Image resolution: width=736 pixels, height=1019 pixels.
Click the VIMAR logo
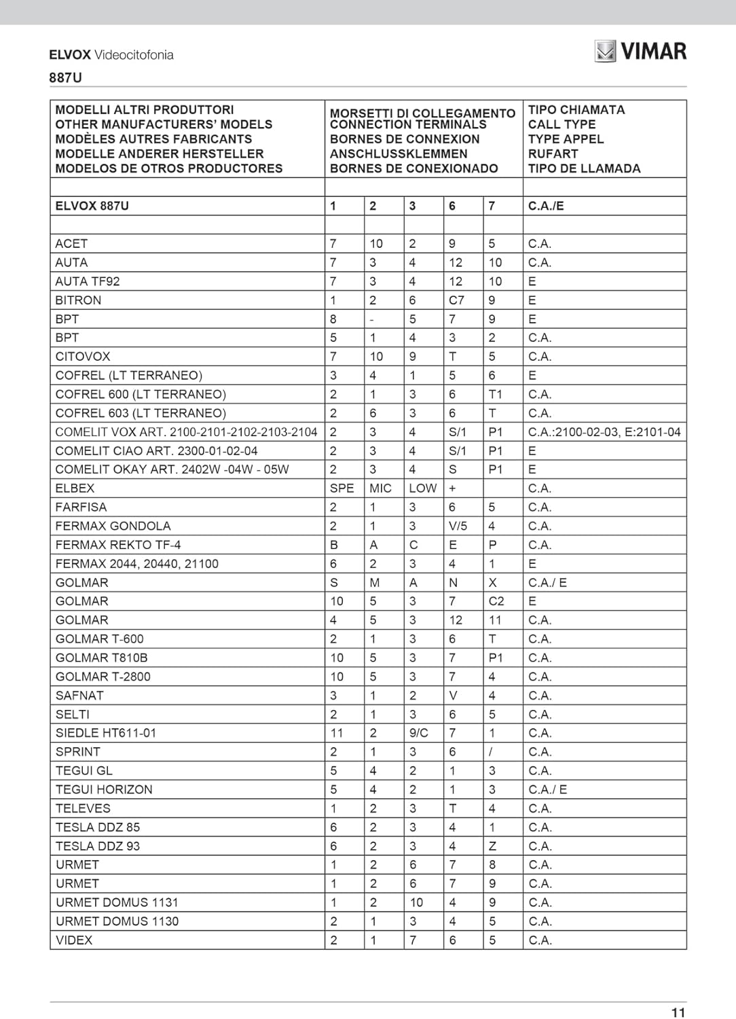point(640,51)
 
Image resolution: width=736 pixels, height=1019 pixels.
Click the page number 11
point(678,1012)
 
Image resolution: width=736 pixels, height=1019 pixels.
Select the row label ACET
point(71,243)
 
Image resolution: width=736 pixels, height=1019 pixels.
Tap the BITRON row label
point(78,300)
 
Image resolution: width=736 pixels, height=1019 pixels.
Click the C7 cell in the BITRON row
point(456,300)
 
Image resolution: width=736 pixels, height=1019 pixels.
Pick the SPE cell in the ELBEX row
point(342,488)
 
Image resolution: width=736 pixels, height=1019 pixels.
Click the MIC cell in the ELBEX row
point(380,488)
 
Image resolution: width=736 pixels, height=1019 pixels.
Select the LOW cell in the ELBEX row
point(422,488)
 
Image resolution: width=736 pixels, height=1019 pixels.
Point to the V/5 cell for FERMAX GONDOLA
point(458,526)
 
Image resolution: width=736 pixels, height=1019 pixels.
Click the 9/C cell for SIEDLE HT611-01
point(418,732)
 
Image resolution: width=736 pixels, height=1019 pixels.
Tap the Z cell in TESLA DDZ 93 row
point(492,846)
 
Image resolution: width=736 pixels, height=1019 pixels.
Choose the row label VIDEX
point(74,940)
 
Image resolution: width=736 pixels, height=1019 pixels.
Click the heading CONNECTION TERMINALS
point(408,124)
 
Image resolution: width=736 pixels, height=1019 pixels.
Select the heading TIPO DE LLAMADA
point(584,168)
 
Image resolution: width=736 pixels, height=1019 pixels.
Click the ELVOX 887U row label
point(92,206)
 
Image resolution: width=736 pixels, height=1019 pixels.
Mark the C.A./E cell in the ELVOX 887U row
point(546,206)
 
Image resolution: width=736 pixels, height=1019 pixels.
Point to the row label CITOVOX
point(82,356)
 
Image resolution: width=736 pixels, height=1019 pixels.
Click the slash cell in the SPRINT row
point(491,751)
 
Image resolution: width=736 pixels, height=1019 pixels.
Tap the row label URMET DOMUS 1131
point(117,902)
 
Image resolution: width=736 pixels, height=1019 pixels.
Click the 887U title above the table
point(65,77)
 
